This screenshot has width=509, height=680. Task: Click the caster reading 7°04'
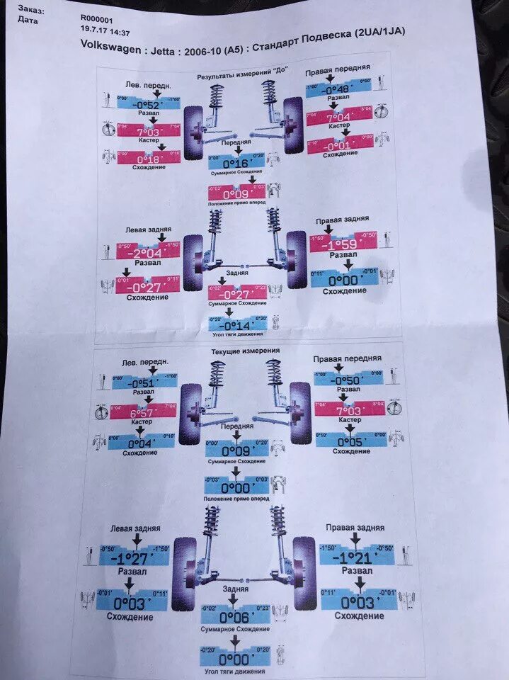[x=338, y=117]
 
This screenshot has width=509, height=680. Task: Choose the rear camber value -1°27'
[x=134, y=558]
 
